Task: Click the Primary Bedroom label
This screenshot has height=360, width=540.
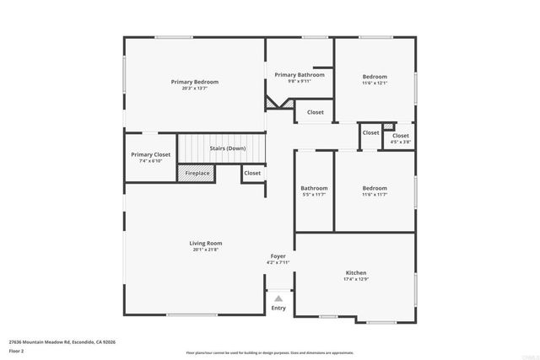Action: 194,82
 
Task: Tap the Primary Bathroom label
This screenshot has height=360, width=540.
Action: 299,75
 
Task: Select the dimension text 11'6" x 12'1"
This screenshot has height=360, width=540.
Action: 375,83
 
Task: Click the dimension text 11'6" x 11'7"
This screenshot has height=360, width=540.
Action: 375,195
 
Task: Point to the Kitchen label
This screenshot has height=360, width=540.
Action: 355,273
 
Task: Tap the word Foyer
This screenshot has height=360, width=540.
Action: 278,255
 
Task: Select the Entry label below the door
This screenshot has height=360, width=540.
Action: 278,308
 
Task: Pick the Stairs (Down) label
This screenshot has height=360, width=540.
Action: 227,148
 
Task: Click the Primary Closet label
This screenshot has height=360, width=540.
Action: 150,154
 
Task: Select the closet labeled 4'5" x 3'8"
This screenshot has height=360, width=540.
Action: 401,138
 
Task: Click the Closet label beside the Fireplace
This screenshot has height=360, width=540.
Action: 252,173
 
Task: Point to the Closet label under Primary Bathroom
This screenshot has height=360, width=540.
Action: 315,112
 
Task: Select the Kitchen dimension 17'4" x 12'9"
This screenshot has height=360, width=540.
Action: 355,280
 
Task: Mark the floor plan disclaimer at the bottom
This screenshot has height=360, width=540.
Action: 270,352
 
